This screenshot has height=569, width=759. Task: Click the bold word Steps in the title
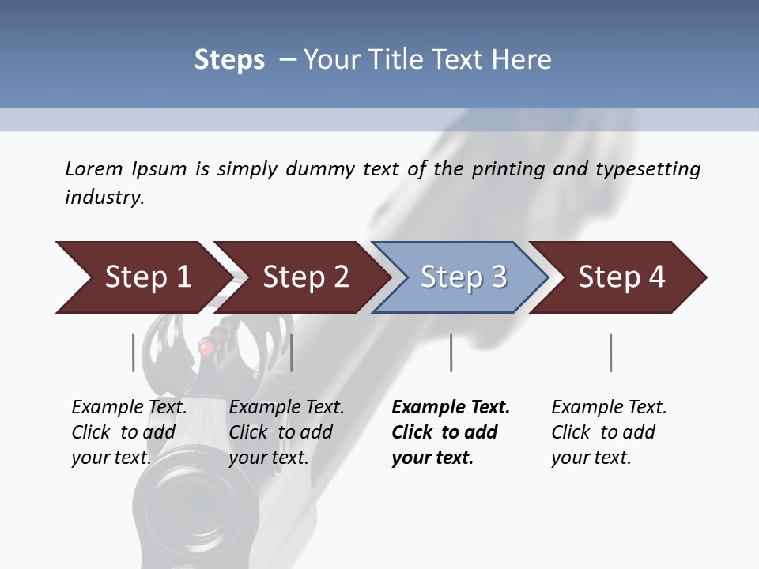click(x=229, y=59)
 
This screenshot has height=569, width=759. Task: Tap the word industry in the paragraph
click(x=104, y=197)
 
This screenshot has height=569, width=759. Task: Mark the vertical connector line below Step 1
click(x=133, y=352)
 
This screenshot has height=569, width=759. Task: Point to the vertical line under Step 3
click(x=451, y=352)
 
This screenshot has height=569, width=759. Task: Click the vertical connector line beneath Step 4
click(x=611, y=352)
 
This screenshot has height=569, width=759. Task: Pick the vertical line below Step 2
click(x=293, y=352)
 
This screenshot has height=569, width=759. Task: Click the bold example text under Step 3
click(x=450, y=432)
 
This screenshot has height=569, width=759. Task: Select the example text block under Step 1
click(x=129, y=432)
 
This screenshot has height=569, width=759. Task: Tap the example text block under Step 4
click(x=609, y=432)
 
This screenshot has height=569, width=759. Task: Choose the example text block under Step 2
click(x=286, y=432)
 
